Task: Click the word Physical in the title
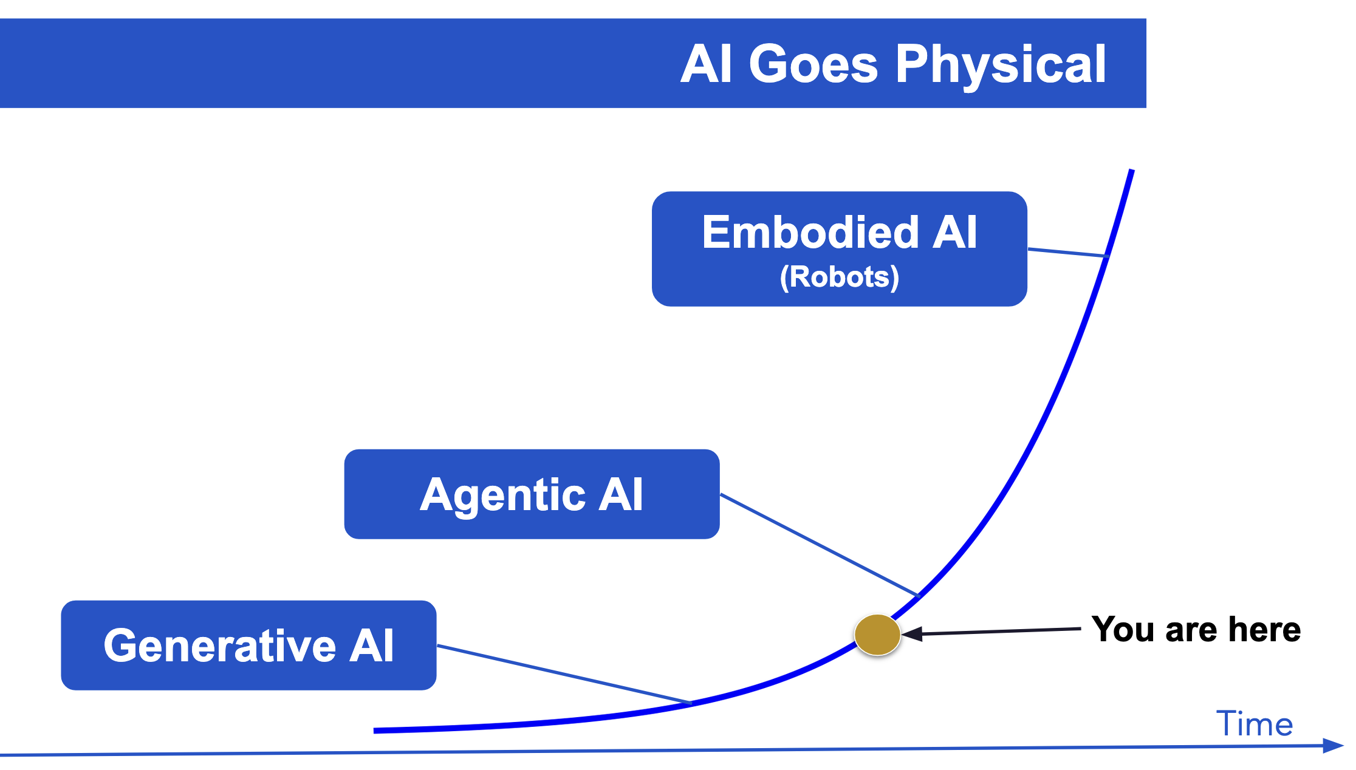coord(1000,64)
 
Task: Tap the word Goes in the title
coord(813,64)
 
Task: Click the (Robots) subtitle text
coord(840,277)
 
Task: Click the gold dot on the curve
coord(877,635)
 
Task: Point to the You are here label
coord(1196,629)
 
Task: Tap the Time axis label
coord(1254,724)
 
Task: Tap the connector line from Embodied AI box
coord(1066,253)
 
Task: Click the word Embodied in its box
coord(810,232)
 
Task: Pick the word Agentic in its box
coord(502,494)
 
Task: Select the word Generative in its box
coord(219,645)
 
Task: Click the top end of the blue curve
coord(1132,171)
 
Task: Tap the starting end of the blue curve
coord(377,731)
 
